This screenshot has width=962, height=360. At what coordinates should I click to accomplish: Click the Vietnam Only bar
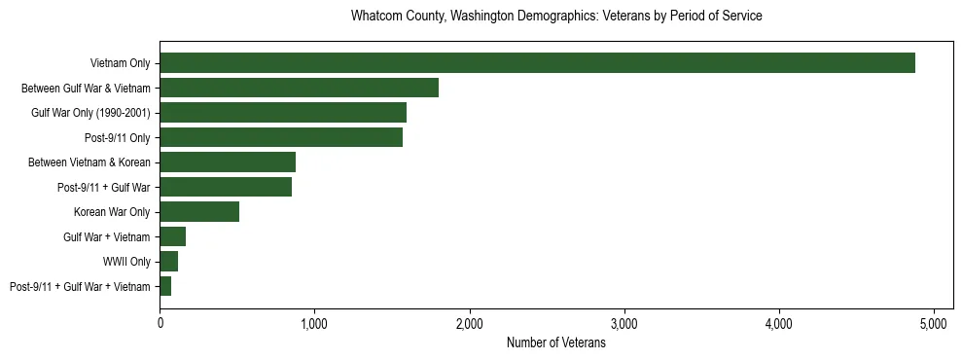pos(537,63)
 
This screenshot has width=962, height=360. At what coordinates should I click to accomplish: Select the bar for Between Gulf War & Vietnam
pos(299,88)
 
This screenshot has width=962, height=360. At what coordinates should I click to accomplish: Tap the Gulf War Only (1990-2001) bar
pos(283,113)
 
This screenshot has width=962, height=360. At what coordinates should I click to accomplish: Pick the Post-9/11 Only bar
pos(281,137)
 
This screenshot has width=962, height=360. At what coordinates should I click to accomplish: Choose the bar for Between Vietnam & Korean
pos(228,162)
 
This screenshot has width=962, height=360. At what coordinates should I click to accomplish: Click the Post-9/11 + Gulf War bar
pos(226,187)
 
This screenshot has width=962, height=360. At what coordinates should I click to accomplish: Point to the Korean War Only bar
pos(199,212)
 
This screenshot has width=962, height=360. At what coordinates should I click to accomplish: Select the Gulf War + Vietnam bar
pos(173,236)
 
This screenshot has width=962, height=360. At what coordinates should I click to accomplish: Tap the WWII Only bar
pos(169,262)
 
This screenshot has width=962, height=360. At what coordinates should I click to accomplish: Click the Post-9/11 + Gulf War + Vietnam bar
pos(165,286)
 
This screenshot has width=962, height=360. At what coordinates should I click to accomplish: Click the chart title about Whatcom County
pos(555,17)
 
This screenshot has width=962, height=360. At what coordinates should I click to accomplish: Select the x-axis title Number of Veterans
pos(555,342)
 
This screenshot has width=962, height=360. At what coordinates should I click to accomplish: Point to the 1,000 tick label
pos(314,323)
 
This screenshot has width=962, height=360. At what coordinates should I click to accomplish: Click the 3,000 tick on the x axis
pos(624,323)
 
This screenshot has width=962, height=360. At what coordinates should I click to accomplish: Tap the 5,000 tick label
pos(934,323)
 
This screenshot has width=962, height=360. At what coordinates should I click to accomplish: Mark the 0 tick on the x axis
pos(160,323)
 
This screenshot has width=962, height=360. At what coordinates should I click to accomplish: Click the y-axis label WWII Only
pos(126,262)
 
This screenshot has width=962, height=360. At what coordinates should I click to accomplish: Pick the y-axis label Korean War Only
pos(112,212)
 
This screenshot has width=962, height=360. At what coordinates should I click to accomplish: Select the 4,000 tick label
pos(779,323)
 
